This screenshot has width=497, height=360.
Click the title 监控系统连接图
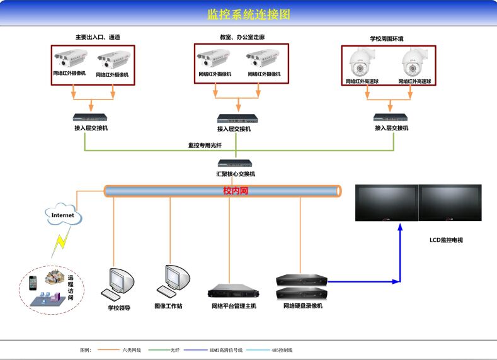click(x=249, y=14)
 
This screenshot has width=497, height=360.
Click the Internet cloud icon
click(x=62, y=215)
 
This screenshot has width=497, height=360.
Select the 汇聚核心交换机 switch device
click(x=236, y=164)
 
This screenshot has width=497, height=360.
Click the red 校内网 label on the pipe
click(x=236, y=191)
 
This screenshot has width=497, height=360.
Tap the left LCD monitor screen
click(x=387, y=202)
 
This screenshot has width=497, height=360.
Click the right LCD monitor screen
click(x=450, y=202)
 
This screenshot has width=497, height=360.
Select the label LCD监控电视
click(x=446, y=240)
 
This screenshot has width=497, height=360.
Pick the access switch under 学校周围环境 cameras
click(x=391, y=118)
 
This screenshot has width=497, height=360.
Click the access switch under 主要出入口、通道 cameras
click(x=91, y=118)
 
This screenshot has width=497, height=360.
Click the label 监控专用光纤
click(x=205, y=145)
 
